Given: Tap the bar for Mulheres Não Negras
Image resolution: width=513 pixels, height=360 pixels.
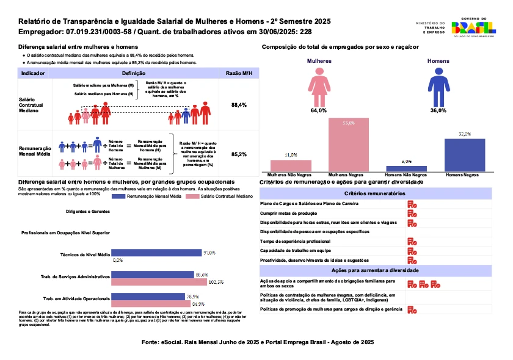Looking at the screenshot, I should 291,166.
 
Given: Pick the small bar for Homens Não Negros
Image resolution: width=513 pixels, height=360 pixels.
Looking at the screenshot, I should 406,168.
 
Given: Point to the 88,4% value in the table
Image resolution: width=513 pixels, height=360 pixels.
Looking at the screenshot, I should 239,105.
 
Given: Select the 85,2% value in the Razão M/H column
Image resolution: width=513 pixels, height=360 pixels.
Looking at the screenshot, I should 239,155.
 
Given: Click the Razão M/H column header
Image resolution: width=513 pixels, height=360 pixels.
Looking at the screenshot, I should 239,73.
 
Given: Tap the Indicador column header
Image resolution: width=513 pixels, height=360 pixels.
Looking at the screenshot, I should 32,73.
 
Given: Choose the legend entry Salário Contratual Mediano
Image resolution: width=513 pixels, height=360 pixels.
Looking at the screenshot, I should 223,196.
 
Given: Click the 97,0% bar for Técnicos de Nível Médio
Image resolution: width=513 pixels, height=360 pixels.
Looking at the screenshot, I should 158,252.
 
